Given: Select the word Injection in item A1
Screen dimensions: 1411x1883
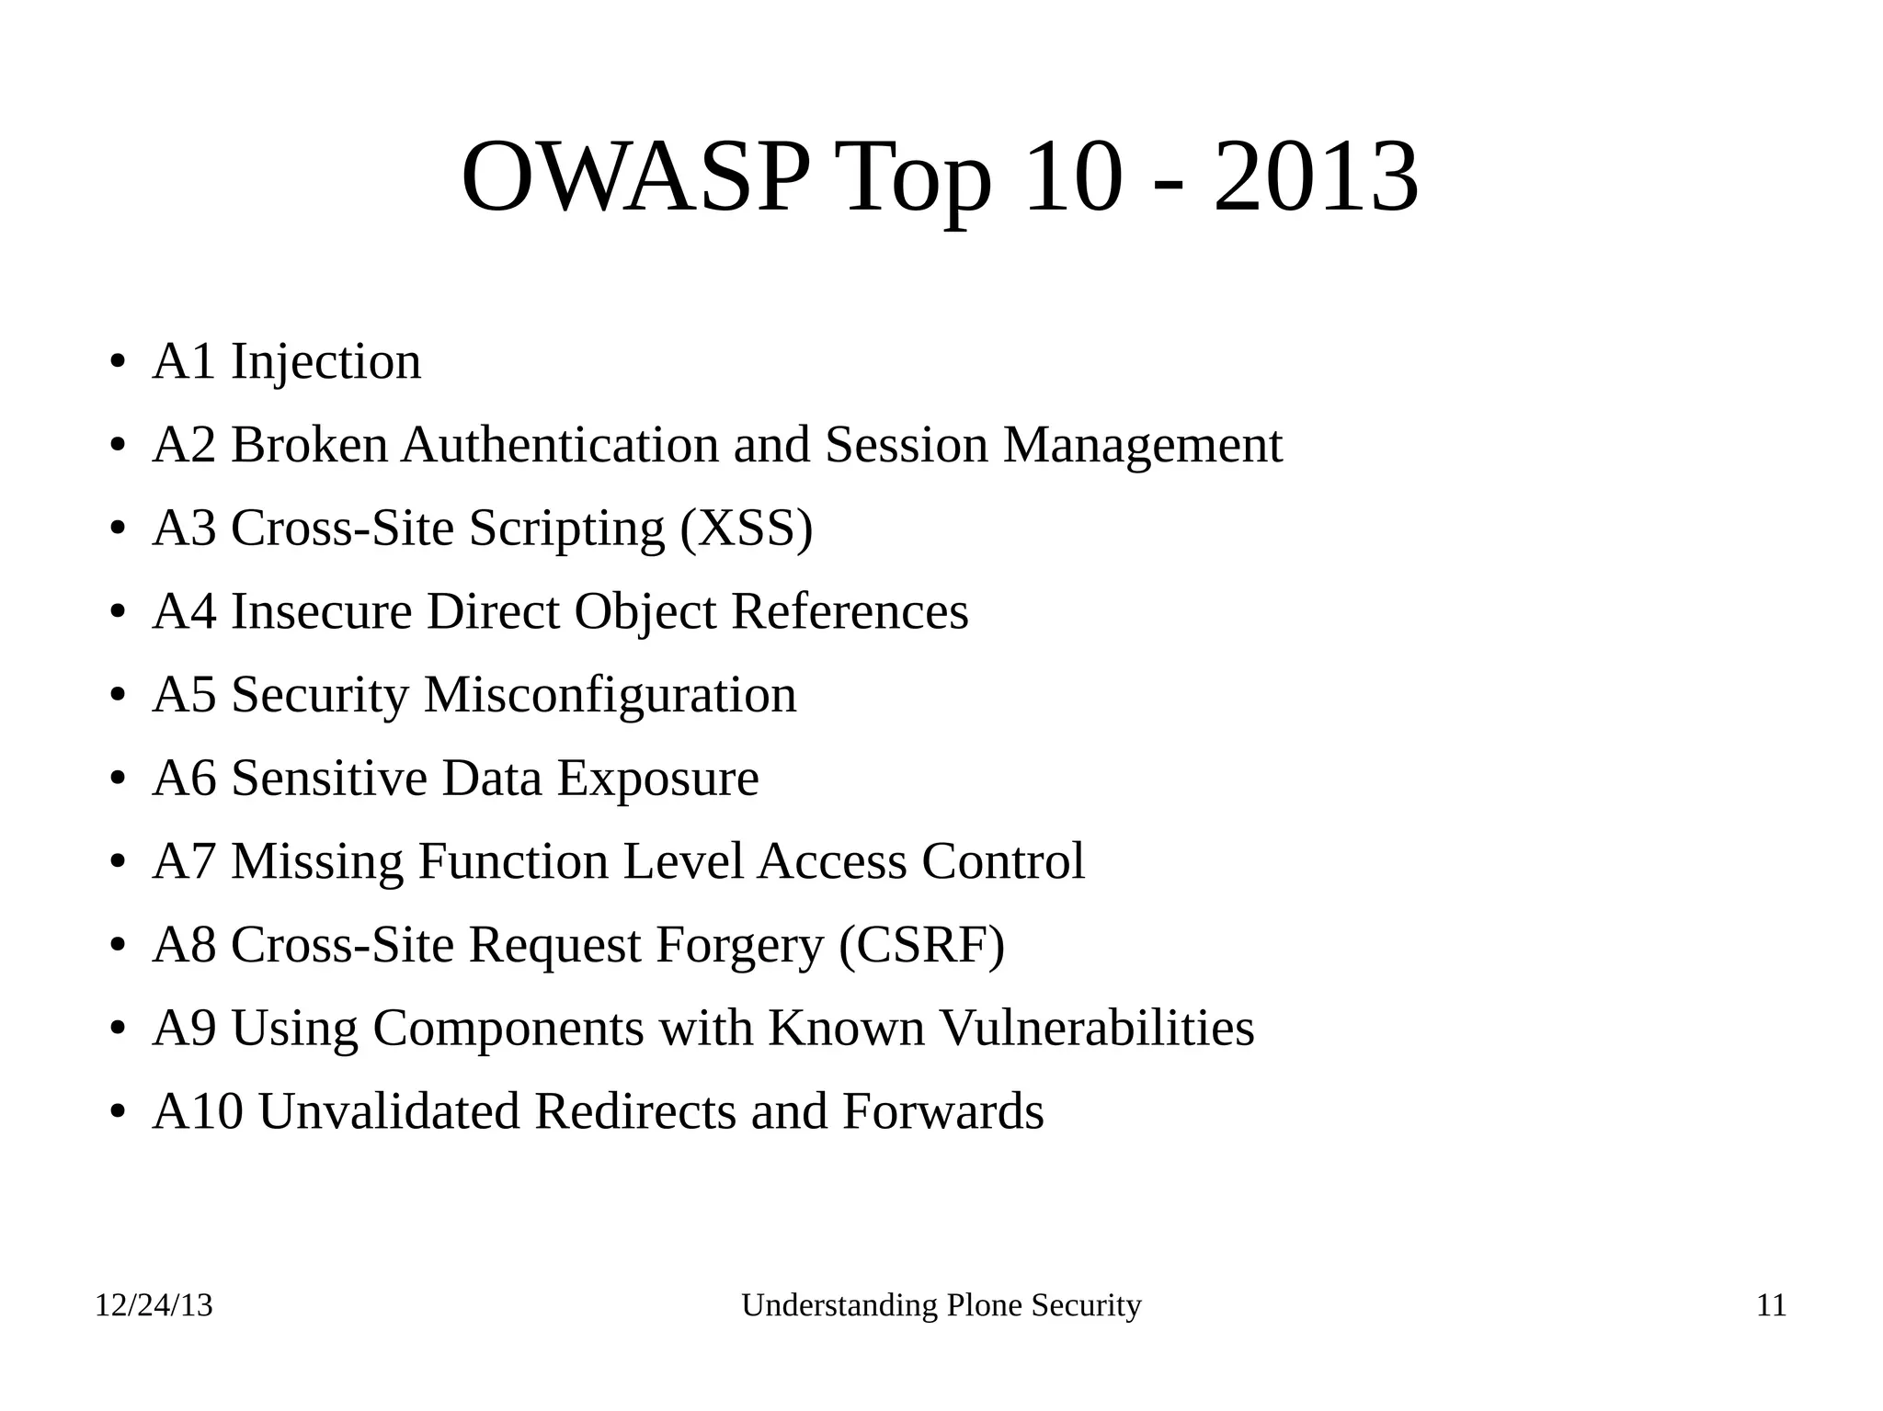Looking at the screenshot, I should point(325,361).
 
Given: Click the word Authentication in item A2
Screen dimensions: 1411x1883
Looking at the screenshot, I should point(560,445).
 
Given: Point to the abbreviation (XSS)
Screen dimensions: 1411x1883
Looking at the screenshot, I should point(747,529).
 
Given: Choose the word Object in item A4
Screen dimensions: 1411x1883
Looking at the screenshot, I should point(645,612).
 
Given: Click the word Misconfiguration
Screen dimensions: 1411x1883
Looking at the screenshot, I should point(610,695).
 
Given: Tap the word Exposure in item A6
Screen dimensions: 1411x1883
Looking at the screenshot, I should point(657,779).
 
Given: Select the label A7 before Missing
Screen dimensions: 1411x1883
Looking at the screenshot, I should point(185,862).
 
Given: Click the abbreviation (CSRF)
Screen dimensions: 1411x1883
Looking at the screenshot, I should point(921,945).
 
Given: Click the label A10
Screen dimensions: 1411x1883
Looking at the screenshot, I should point(198,1111).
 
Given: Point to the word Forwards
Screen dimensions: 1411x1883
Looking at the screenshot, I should point(942,1111).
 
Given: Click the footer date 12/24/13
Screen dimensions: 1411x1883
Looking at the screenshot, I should point(154,1305).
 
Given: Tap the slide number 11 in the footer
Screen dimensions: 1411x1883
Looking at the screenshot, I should point(1771,1305).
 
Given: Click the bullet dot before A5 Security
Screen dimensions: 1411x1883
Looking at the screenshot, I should point(117,697).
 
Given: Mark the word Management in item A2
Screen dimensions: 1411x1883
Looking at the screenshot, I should point(1142,445).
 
